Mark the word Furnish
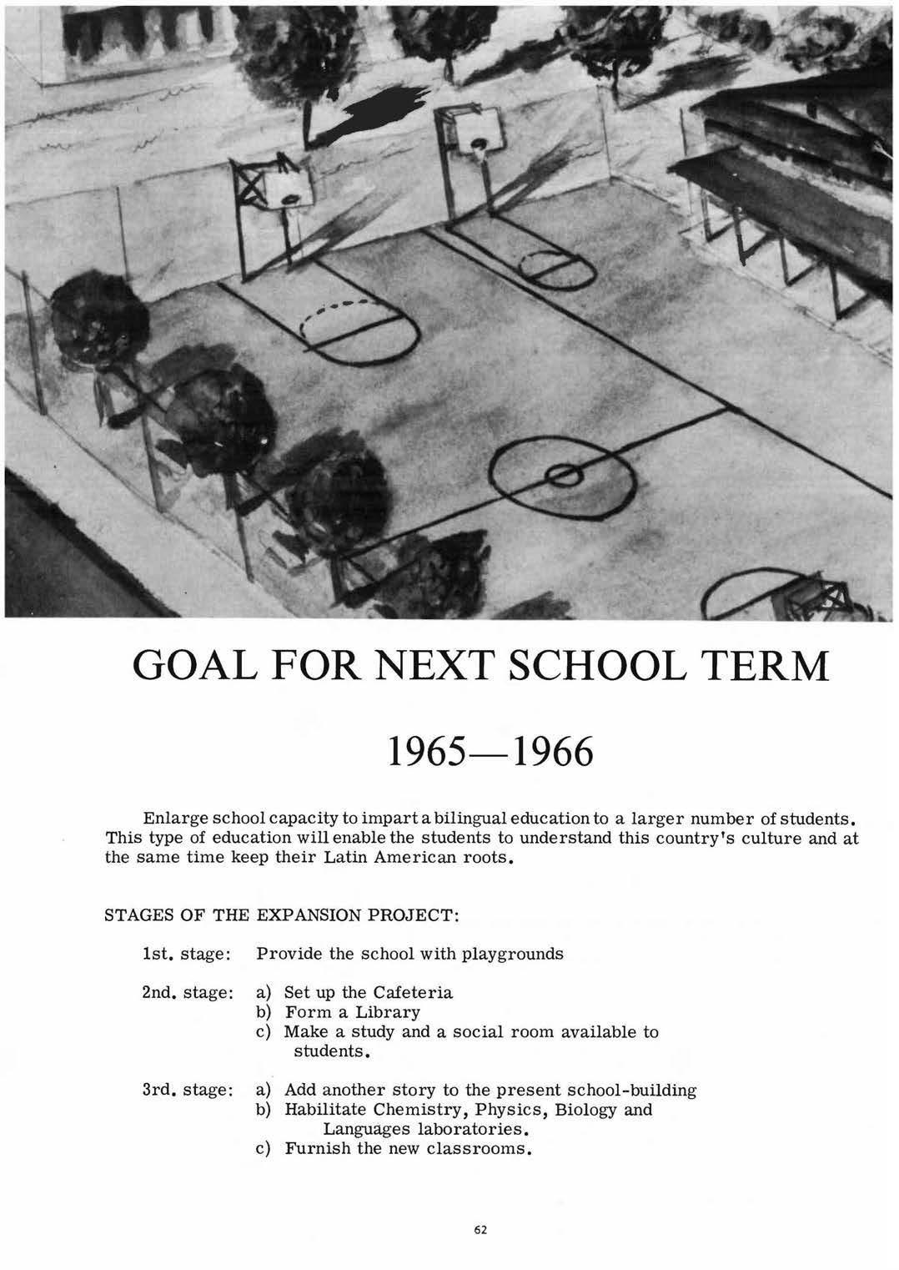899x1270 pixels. [317, 1149]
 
